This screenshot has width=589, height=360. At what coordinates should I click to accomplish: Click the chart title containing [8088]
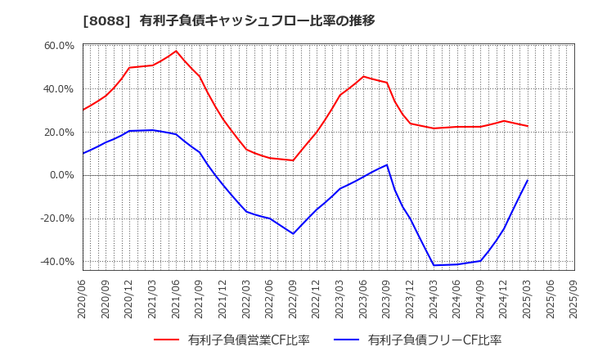click(229, 20)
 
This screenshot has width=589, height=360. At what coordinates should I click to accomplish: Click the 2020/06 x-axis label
click(83, 298)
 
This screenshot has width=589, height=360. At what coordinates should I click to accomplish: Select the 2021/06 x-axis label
click(177, 298)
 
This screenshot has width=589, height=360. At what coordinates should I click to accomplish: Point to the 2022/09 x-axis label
click(293, 298)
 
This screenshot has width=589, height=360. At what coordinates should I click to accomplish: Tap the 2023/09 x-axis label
click(387, 298)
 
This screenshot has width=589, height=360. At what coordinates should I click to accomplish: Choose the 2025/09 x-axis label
click(573, 298)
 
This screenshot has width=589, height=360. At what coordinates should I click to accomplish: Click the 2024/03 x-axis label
click(434, 298)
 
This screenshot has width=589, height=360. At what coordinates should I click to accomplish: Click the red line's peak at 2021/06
click(176, 51)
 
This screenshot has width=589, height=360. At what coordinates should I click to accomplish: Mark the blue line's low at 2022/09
click(293, 234)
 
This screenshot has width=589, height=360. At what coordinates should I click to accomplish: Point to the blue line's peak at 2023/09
click(387, 164)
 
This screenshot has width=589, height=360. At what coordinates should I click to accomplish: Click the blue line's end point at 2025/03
click(528, 180)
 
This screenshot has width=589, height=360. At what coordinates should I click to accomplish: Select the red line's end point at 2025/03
click(528, 126)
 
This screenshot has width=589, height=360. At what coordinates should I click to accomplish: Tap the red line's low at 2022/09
click(293, 160)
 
